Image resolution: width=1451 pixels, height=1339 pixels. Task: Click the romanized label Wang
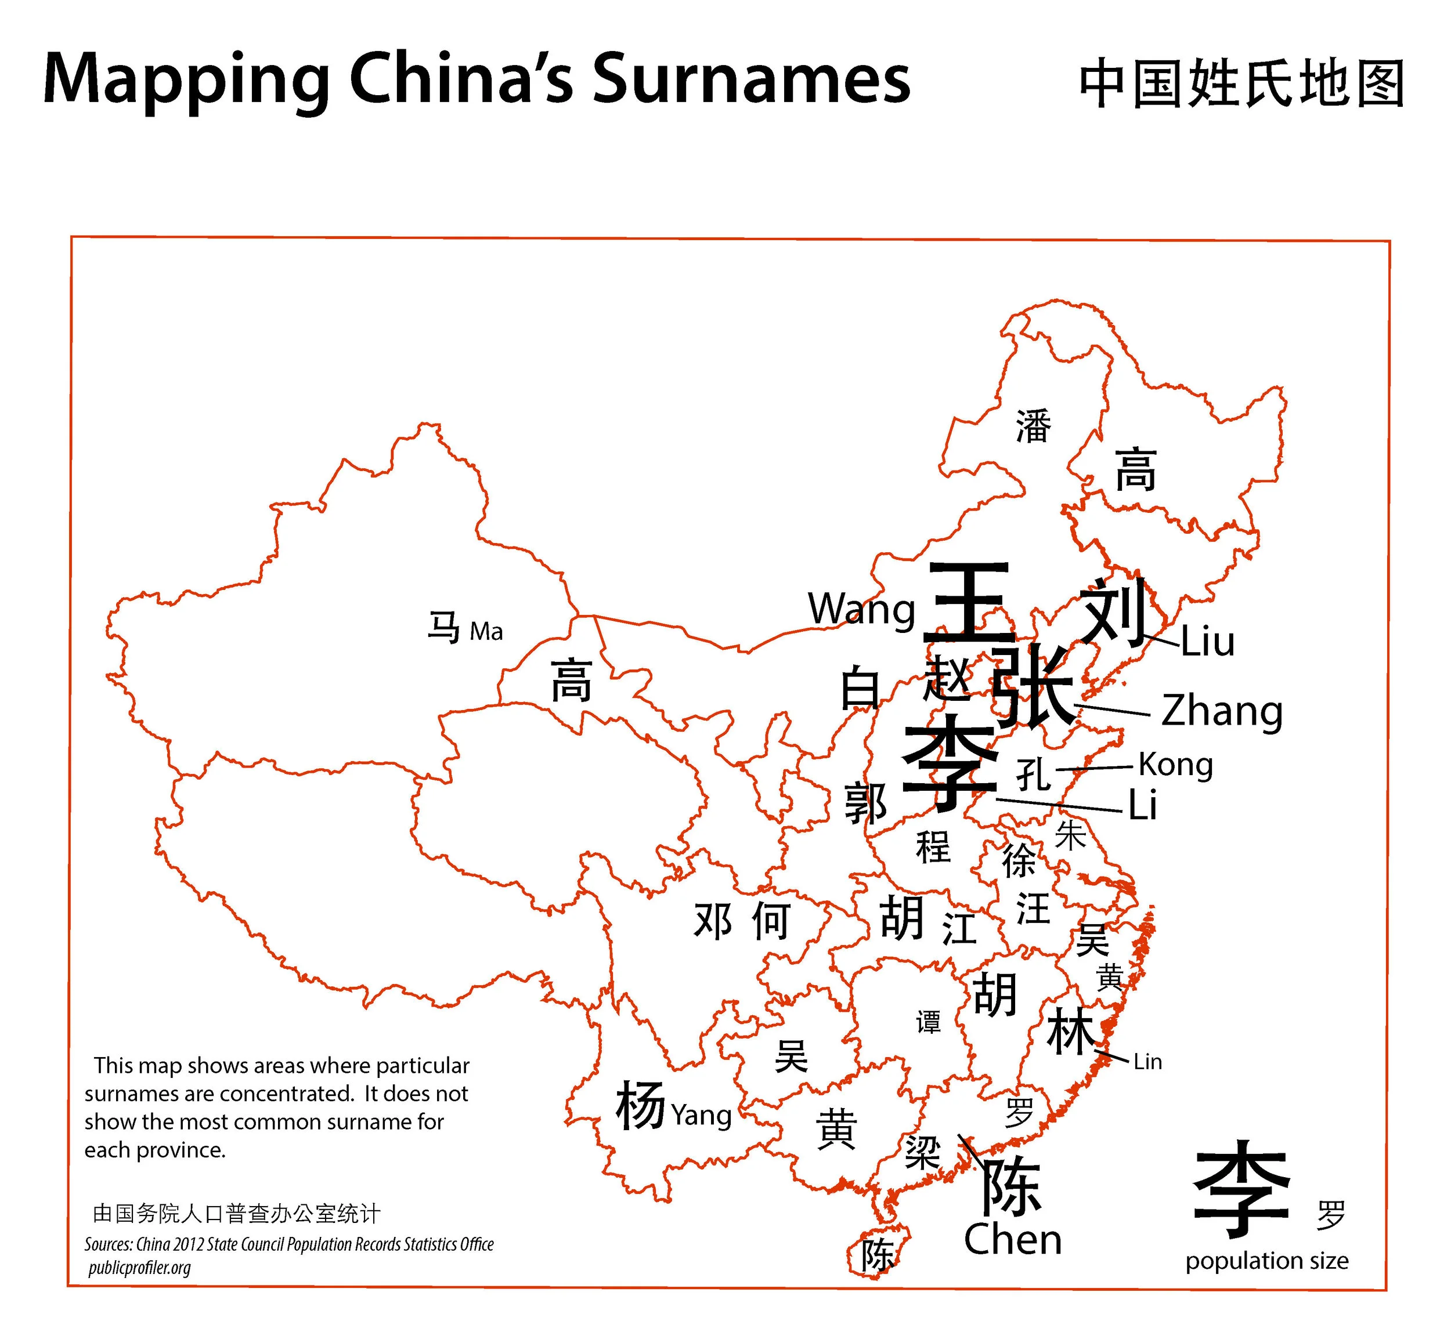861,609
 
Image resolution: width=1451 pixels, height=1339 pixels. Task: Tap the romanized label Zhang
1221,711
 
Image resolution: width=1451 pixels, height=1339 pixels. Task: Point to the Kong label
1175,765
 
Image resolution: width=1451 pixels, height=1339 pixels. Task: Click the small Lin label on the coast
1147,1062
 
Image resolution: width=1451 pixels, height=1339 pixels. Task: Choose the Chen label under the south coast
1013,1240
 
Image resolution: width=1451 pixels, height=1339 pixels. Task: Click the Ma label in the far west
486,632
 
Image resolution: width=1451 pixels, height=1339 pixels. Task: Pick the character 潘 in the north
1033,426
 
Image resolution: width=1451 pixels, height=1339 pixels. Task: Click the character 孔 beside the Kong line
1033,775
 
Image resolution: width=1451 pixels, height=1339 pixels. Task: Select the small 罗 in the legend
1331,1215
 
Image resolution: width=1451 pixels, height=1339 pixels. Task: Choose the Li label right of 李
1142,805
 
